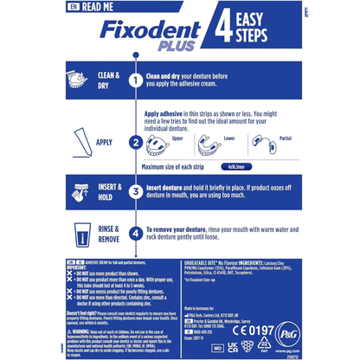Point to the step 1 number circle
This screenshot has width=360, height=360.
(x=135, y=80)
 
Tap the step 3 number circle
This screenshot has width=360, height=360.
(x=135, y=192)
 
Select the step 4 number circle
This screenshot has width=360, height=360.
(x=135, y=233)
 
